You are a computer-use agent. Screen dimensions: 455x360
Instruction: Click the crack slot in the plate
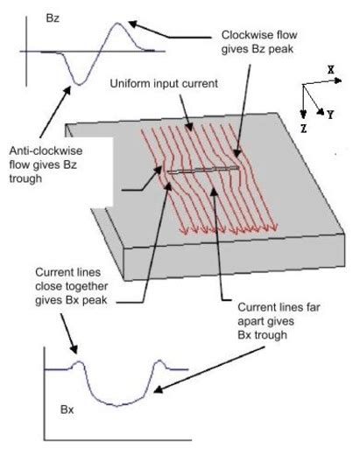point(203,171)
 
